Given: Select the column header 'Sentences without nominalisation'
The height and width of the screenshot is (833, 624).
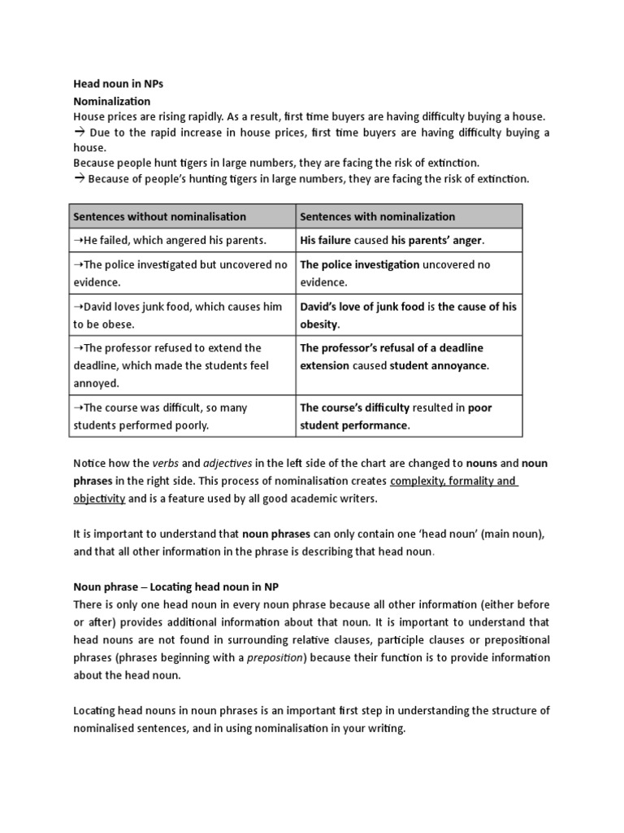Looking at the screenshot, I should (159, 216).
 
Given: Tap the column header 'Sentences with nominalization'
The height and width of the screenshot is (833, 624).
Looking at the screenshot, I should (378, 216).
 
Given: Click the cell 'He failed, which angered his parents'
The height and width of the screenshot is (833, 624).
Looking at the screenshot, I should (170, 241).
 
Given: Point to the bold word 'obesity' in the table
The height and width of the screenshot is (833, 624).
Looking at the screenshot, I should (319, 324).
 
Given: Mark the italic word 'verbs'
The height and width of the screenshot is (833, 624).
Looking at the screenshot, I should (166, 463).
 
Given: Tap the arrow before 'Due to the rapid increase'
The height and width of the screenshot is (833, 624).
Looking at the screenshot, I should (80, 132).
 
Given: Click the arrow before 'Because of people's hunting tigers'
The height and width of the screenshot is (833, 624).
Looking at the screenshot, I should (80, 179).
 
